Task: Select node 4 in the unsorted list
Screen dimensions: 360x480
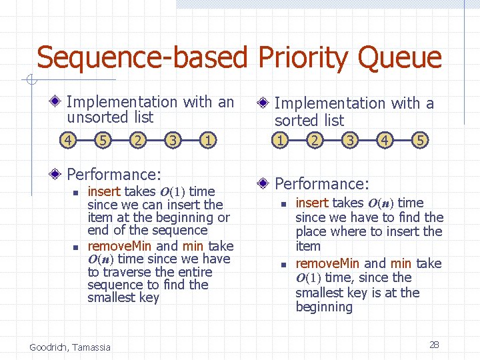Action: (x=67, y=141)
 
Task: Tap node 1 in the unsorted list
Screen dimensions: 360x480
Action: (x=209, y=141)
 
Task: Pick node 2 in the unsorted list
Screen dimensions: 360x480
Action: (x=137, y=141)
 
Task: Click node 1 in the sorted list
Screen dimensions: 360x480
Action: (x=281, y=141)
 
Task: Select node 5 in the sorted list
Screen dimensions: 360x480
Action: (x=419, y=141)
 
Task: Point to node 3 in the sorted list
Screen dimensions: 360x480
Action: (x=349, y=141)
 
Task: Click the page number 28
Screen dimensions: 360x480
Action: (x=434, y=345)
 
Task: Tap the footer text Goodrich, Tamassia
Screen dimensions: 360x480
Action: (x=70, y=347)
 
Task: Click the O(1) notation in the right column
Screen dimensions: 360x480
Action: (x=308, y=278)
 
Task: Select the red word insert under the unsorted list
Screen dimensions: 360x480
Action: (x=104, y=191)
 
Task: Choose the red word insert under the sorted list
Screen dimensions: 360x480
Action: (x=312, y=203)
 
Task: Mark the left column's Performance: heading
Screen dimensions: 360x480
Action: (x=114, y=175)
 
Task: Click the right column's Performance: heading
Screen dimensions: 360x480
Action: (x=322, y=183)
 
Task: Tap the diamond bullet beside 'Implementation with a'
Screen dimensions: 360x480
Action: (x=264, y=103)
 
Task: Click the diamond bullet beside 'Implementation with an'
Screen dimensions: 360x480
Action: (x=57, y=102)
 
